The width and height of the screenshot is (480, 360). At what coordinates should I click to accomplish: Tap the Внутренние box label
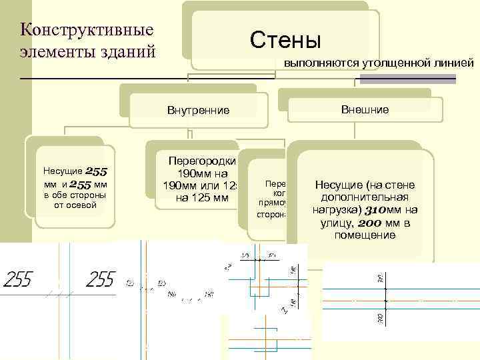(x=198, y=111)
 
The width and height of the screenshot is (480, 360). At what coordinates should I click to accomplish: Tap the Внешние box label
(x=365, y=109)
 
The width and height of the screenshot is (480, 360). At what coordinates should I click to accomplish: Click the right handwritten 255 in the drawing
(x=101, y=279)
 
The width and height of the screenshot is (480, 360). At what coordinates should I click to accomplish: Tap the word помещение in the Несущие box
(x=365, y=235)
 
